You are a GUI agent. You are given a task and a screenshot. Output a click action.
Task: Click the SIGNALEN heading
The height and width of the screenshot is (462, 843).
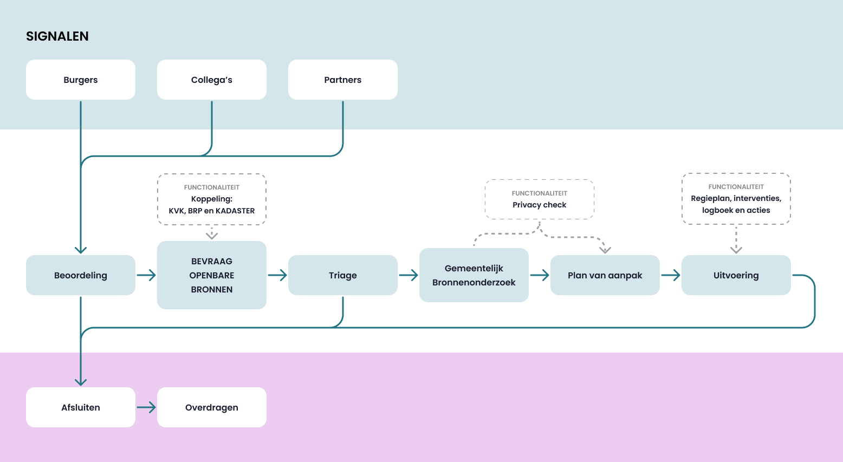point(57,36)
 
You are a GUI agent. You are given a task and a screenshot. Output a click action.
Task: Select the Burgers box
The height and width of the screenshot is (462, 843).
point(81,80)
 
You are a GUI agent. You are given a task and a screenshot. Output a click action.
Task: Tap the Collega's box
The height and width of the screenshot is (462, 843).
point(212,80)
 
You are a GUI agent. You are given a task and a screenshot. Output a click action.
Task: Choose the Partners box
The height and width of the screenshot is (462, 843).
point(343,80)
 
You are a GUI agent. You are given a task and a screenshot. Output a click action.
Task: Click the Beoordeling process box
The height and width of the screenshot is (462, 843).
point(81,275)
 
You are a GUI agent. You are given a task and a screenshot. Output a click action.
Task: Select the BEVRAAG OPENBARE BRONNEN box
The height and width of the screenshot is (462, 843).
point(212,275)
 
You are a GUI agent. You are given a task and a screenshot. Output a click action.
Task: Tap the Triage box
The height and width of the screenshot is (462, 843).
point(343,275)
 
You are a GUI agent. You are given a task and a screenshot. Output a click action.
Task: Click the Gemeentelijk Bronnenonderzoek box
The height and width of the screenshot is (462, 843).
point(474,275)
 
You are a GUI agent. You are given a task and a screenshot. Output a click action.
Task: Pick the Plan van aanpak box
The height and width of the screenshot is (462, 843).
point(605,275)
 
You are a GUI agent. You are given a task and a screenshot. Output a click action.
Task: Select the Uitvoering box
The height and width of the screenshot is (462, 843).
point(736,275)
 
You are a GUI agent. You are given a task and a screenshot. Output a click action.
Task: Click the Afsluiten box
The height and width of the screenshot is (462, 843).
point(81,407)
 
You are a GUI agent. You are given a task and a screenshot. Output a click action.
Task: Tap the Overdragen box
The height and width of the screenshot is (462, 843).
point(212,407)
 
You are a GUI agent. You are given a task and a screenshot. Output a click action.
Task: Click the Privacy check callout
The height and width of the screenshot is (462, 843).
point(540,199)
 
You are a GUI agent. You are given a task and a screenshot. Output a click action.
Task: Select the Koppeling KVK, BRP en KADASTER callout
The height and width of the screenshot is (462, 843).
point(212,199)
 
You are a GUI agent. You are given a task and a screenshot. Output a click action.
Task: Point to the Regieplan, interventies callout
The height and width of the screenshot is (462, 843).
point(736,199)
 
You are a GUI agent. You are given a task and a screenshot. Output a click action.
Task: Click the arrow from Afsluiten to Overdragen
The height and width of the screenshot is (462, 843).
point(146,407)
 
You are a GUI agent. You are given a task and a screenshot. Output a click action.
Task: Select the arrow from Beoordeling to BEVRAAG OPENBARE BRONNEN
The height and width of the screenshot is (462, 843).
point(146,275)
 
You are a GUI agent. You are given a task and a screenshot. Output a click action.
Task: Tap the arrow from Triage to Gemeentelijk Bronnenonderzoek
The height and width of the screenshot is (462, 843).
point(408,275)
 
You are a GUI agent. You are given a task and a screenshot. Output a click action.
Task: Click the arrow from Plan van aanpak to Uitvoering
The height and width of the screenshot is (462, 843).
point(671,275)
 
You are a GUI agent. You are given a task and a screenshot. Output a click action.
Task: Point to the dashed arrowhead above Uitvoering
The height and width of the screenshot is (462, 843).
point(736,249)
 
